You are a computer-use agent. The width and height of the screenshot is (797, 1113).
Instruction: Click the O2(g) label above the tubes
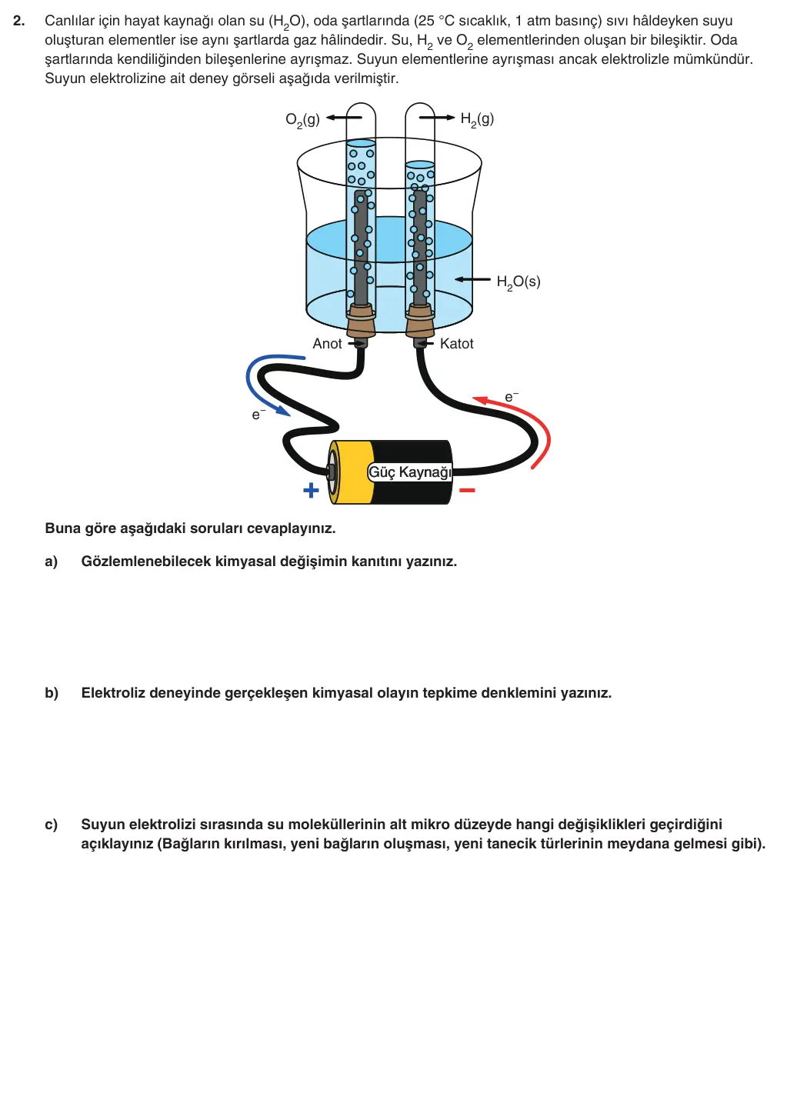[302, 120]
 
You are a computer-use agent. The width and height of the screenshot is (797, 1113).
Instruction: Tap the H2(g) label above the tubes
[477, 120]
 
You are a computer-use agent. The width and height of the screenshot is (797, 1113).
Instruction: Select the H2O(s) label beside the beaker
[519, 282]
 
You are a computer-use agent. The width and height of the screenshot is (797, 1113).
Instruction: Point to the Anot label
[327, 343]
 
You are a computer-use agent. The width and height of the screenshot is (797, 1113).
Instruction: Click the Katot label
[456, 343]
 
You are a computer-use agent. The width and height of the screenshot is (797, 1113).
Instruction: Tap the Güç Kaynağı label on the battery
[410, 472]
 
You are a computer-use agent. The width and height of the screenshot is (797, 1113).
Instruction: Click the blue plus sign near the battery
[311, 491]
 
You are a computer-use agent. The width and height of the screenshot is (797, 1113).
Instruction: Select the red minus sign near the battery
[467, 491]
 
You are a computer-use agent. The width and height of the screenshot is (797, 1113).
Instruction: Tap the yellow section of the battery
[354, 472]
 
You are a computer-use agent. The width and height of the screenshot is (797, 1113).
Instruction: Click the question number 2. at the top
[19, 21]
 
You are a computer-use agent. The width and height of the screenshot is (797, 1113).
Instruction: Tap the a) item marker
[52, 561]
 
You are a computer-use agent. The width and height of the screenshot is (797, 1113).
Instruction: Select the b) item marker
[52, 692]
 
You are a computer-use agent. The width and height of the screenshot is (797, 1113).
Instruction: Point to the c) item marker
[52, 825]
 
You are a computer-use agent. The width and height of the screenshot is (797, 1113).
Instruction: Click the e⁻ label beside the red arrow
[512, 396]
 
